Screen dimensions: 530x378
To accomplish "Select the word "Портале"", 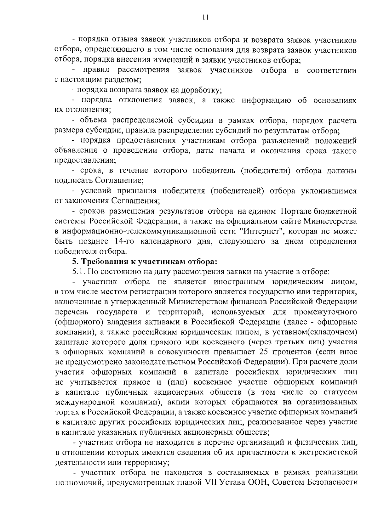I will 298,211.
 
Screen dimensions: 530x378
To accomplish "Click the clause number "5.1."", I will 79,271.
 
